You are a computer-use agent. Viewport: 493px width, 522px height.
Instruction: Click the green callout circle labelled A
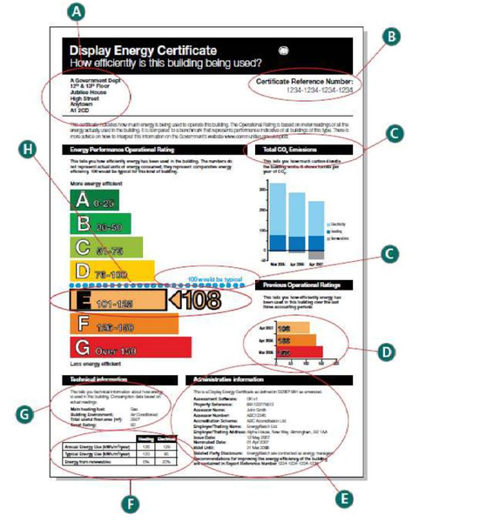tap(78, 12)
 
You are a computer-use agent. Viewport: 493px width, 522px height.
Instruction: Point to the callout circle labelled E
tap(347, 499)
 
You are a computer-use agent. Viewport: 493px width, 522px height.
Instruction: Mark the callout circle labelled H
tap(29, 149)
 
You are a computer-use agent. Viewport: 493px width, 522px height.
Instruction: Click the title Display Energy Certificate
tap(144, 50)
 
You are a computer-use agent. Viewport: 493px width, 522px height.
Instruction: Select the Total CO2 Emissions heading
tap(285, 150)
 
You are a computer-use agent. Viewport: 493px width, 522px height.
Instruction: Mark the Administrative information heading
tap(236, 379)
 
